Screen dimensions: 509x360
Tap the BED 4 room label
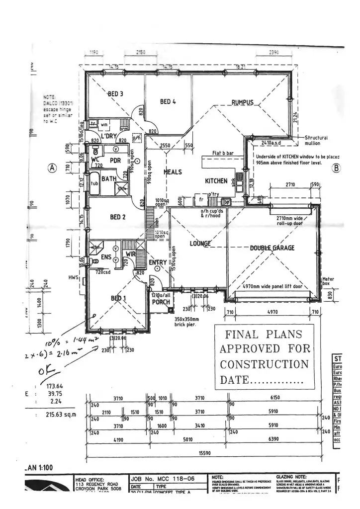pyautogui.click(x=168, y=102)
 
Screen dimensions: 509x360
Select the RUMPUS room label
pyautogui.click(x=242, y=102)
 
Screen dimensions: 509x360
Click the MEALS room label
pyautogui.click(x=173, y=172)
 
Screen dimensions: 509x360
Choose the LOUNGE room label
pyautogui.click(x=201, y=244)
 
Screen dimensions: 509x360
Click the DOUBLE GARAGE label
pyautogui.click(x=272, y=248)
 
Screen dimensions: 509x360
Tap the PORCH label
pyautogui.click(x=161, y=302)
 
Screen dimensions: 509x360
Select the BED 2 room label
pyautogui.click(x=117, y=217)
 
